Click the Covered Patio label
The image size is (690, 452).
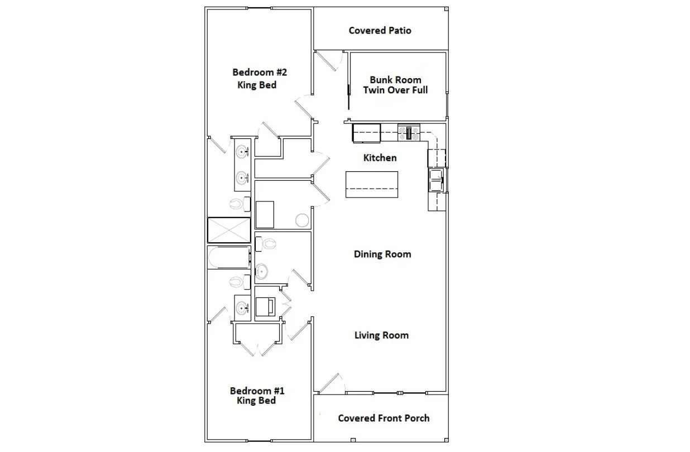(380, 31)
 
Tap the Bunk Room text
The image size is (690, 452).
(395, 80)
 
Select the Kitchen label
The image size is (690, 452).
(380, 158)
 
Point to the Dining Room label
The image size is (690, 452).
(382, 254)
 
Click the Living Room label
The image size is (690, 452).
(381, 335)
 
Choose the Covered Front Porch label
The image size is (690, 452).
(384, 418)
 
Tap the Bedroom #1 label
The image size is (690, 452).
(257, 391)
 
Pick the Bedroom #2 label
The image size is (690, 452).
(260, 72)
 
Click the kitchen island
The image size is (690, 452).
(372, 185)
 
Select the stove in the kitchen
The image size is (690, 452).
(409, 133)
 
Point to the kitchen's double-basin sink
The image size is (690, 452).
(437, 180)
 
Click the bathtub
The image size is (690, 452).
(229, 257)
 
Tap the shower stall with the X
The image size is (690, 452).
(229, 230)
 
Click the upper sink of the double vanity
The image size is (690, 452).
(243, 152)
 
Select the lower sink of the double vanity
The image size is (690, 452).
(243, 177)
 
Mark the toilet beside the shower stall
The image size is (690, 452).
(240, 204)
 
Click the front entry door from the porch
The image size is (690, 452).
(329, 383)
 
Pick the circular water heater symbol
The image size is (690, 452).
(302, 220)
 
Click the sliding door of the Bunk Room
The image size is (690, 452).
(349, 97)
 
